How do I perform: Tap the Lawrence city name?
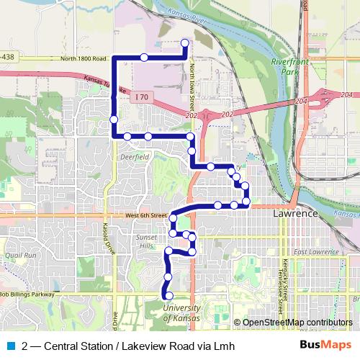pyautogui.click(x=295, y=215)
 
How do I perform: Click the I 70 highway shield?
pyautogui.click(x=141, y=95)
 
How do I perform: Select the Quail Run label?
pyautogui.click(x=19, y=255)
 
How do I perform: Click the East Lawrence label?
pyautogui.click(x=313, y=251)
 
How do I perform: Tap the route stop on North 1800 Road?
pyautogui.click(x=144, y=57)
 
